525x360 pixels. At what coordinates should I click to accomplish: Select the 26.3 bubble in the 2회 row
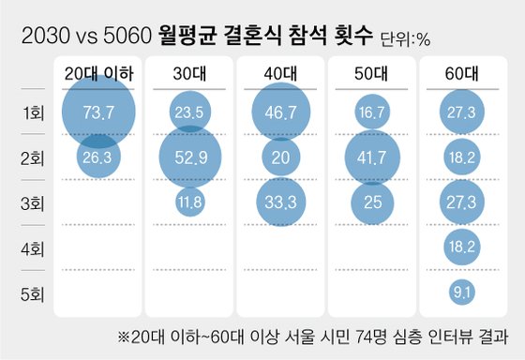[98, 157]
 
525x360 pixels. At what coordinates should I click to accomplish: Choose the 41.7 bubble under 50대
[374, 157]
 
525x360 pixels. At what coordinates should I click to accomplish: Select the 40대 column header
[282, 73]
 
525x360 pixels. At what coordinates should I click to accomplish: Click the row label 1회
[31, 113]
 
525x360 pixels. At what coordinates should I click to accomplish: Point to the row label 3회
[31, 203]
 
